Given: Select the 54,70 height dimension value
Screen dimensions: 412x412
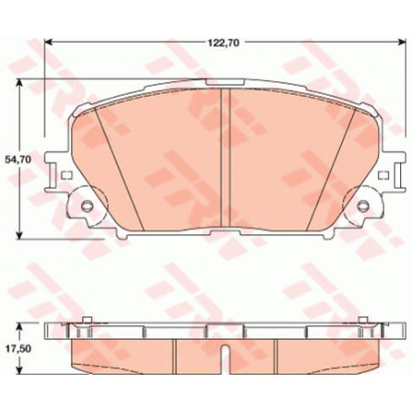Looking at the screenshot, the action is [x=18, y=159].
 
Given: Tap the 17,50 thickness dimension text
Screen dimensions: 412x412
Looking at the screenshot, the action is [x=18, y=349].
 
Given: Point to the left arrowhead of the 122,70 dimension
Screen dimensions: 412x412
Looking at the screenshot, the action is [x=48, y=42].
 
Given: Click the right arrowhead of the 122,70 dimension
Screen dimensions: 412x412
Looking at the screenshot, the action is [x=402, y=42].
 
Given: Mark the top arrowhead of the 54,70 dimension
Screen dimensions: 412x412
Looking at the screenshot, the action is [x=19, y=84].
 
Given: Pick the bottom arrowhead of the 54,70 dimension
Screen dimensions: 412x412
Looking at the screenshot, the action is [x=19, y=234].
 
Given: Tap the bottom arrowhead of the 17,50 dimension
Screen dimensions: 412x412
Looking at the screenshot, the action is [x=19, y=369].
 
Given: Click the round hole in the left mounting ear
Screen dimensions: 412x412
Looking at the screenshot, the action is [x=87, y=206].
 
